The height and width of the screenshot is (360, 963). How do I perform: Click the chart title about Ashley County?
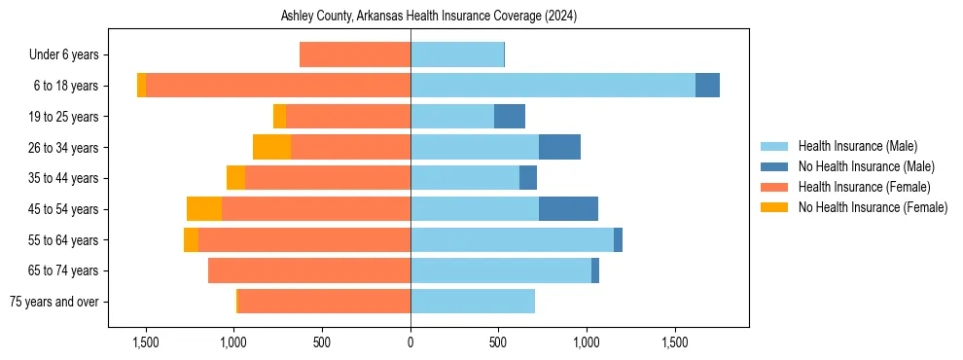pyautogui.click(x=429, y=17)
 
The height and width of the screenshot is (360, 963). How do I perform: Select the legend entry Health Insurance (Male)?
pyautogui.click(x=857, y=146)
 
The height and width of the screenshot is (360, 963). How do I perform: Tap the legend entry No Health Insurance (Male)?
pyautogui.click(x=864, y=166)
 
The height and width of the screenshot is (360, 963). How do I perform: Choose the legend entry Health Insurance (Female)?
pyautogui.click(x=864, y=187)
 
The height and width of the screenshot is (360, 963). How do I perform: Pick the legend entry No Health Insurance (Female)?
pyautogui.click(x=872, y=207)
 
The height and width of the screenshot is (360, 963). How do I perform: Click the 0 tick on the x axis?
pyautogui.click(x=410, y=342)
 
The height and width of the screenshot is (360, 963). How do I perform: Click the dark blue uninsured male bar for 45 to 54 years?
pyautogui.click(x=568, y=209)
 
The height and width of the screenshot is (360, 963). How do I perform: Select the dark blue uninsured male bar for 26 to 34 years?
pyautogui.click(x=559, y=147)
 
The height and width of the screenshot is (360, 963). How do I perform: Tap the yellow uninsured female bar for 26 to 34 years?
pyautogui.click(x=271, y=147)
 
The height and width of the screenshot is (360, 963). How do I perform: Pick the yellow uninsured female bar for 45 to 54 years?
pyautogui.click(x=204, y=209)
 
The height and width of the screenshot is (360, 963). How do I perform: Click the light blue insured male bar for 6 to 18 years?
pyautogui.click(x=553, y=86)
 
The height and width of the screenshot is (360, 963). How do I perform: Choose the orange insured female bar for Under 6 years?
pyautogui.click(x=355, y=54)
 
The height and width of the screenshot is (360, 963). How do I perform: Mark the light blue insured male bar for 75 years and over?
pyautogui.click(x=473, y=302)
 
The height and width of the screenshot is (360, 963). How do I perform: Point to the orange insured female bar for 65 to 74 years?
pyautogui.click(x=309, y=270)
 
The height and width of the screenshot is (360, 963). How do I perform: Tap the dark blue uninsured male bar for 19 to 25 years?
pyautogui.click(x=510, y=117)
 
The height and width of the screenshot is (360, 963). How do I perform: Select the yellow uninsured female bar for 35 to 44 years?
pyautogui.click(x=235, y=178)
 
